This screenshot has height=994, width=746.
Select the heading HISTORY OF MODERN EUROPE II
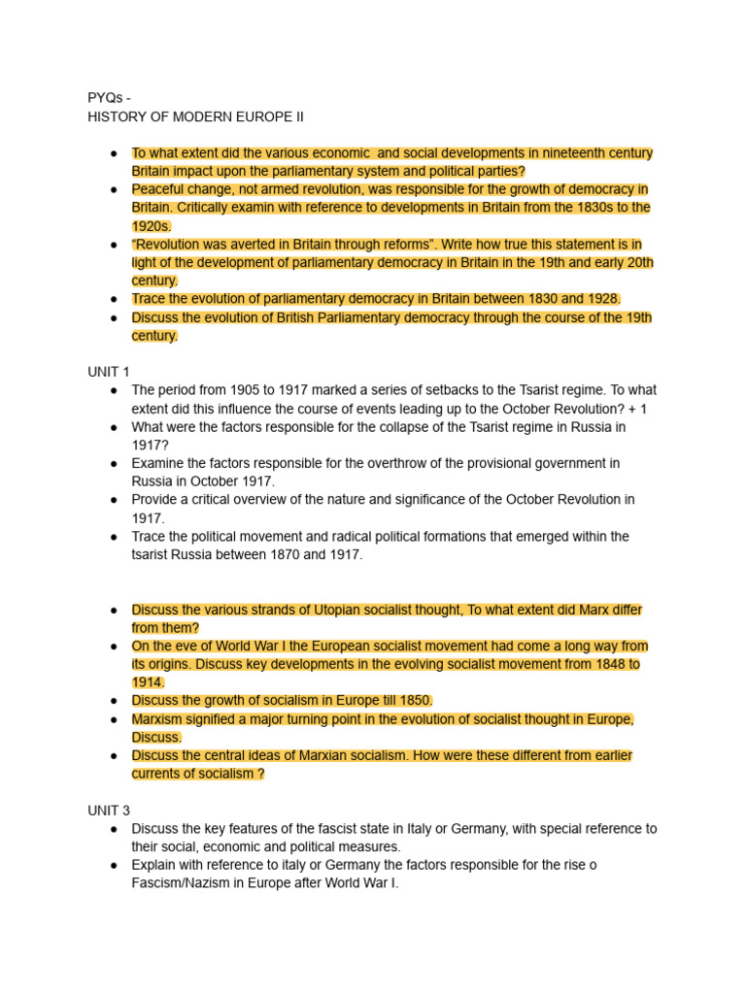195,116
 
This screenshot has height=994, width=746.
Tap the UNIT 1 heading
109,372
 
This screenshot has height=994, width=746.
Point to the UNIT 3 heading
109,810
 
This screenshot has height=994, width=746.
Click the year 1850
413,701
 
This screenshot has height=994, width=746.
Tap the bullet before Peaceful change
114,189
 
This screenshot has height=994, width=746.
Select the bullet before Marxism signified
114,719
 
